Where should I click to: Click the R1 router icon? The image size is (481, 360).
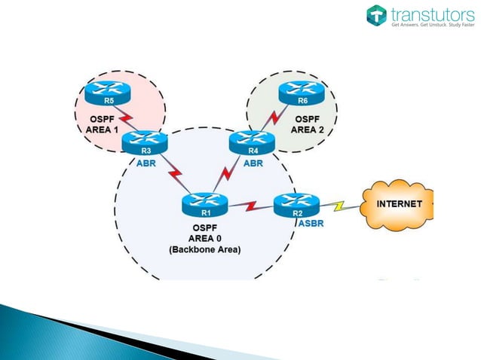(x=204, y=203)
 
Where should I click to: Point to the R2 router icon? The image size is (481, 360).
(x=296, y=203)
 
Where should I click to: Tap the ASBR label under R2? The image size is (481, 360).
(x=312, y=224)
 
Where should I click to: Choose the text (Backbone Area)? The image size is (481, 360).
(x=205, y=249)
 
